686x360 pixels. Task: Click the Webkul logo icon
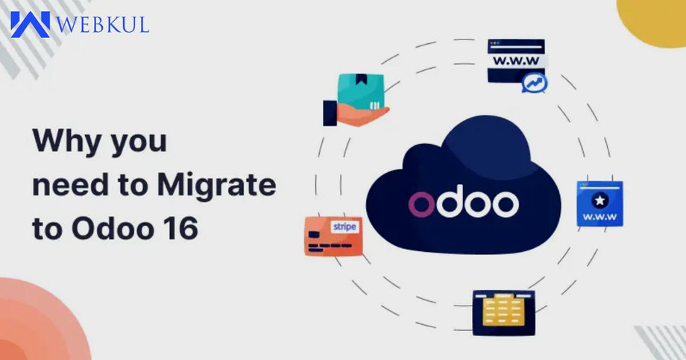pos(30,25)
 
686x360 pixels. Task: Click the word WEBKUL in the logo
pos(103,25)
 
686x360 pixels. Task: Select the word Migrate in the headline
pos(216,186)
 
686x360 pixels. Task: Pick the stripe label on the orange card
pos(344,227)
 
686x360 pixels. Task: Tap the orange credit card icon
pos(333,236)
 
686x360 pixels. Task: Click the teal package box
pos(361,92)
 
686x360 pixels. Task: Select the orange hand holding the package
pos(362,115)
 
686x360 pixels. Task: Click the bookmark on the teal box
pos(361,79)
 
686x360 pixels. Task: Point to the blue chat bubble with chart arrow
pos(534,83)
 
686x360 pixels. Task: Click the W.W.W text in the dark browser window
pos(516,60)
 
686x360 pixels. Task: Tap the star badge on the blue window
pos(600,200)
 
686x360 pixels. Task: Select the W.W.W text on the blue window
pos(600,217)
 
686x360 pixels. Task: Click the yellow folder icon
pos(503,310)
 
